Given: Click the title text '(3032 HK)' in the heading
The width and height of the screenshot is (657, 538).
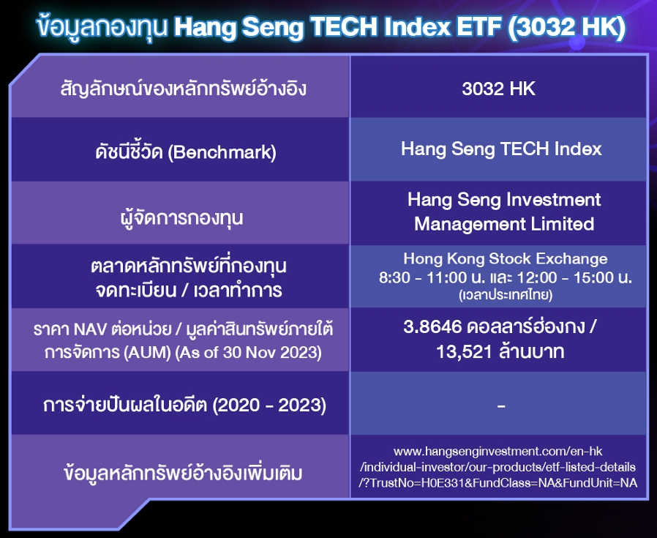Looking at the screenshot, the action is click(x=566, y=28).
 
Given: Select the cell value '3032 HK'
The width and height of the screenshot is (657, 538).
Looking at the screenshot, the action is click(x=499, y=89).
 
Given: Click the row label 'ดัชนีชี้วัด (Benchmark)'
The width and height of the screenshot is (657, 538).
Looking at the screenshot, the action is click(x=186, y=152).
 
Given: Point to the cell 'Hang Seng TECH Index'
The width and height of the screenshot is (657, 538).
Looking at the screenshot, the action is click(x=501, y=149).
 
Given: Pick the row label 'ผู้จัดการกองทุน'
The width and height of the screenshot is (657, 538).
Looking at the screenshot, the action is click(x=181, y=217).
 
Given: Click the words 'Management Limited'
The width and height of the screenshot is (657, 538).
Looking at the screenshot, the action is click(x=504, y=224).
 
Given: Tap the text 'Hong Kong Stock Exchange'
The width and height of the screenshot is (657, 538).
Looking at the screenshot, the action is click(x=506, y=258).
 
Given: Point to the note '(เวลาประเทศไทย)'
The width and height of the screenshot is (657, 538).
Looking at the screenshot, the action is click(x=506, y=295).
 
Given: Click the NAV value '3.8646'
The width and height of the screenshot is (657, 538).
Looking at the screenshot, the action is click(x=432, y=326).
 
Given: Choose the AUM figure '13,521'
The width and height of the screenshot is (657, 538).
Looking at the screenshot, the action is click(x=464, y=351).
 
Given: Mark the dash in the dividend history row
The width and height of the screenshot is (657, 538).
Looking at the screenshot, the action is click(x=501, y=406).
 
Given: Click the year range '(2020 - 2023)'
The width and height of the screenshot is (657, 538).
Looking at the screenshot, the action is click(x=269, y=405).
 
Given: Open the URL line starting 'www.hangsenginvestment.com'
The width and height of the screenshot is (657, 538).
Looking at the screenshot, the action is click(x=498, y=452).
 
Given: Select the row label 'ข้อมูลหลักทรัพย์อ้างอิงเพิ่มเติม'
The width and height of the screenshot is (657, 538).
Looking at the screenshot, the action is click(x=183, y=473).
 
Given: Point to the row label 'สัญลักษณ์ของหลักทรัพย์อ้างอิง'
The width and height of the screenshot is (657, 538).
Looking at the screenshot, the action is click(x=183, y=89).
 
